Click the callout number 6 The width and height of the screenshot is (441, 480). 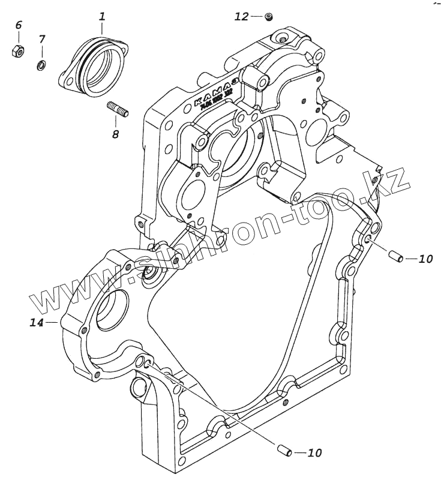[18, 25]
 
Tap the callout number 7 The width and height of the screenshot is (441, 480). [41, 40]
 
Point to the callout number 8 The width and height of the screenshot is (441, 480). [115, 134]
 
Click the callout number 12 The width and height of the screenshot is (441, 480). [241, 17]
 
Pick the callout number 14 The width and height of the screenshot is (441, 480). [37, 323]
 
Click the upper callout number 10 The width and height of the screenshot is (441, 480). [425, 259]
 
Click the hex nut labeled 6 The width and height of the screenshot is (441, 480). [17, 51]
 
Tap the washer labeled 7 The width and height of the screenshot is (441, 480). [41, 64]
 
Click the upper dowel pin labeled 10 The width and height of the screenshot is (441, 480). [395, 257]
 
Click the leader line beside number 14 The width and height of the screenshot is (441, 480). [52, 323]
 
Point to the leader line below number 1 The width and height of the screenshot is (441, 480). [102, 26]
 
